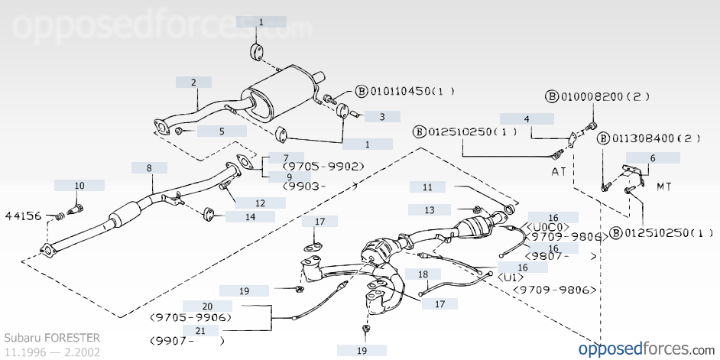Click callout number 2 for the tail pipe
(x=193, y=83)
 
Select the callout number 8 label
(x=149, y=167)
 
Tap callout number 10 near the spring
(x=79, y=185)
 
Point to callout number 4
(x=527, y=119)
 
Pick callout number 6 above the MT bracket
(x=653, y=158)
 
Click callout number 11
(x=427, y=186)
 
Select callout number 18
(x=423, y=273)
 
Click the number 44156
(x=23, y=216)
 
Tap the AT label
(x=559, y=171)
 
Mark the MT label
(x=665, y=186)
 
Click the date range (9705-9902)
(x=323, y=166)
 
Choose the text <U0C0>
(x=549, y=227)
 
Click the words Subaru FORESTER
(x=51, y=337)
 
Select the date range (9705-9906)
(x=190, y=316)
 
